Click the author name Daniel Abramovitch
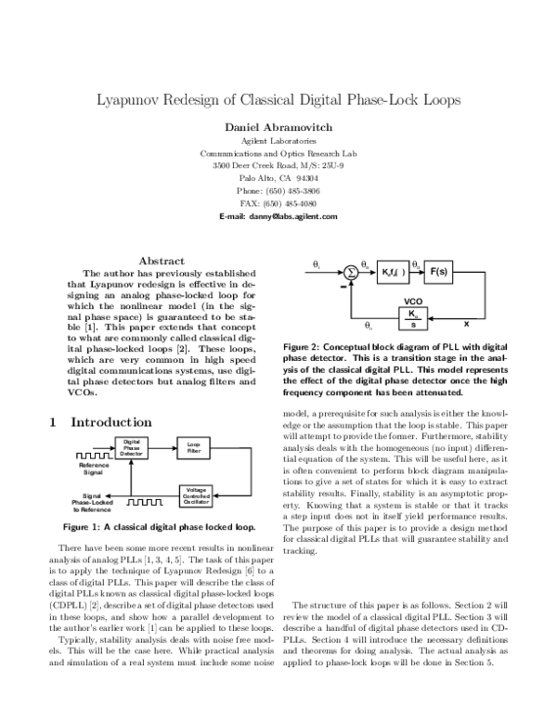coord(278,125)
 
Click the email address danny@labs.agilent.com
coord(278,215)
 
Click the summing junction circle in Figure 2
coord(351,273)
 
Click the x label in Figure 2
coord(466,325)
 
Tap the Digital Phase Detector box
coord(132,449)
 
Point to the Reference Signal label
coord(94,468)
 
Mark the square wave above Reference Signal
coord(91,455)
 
